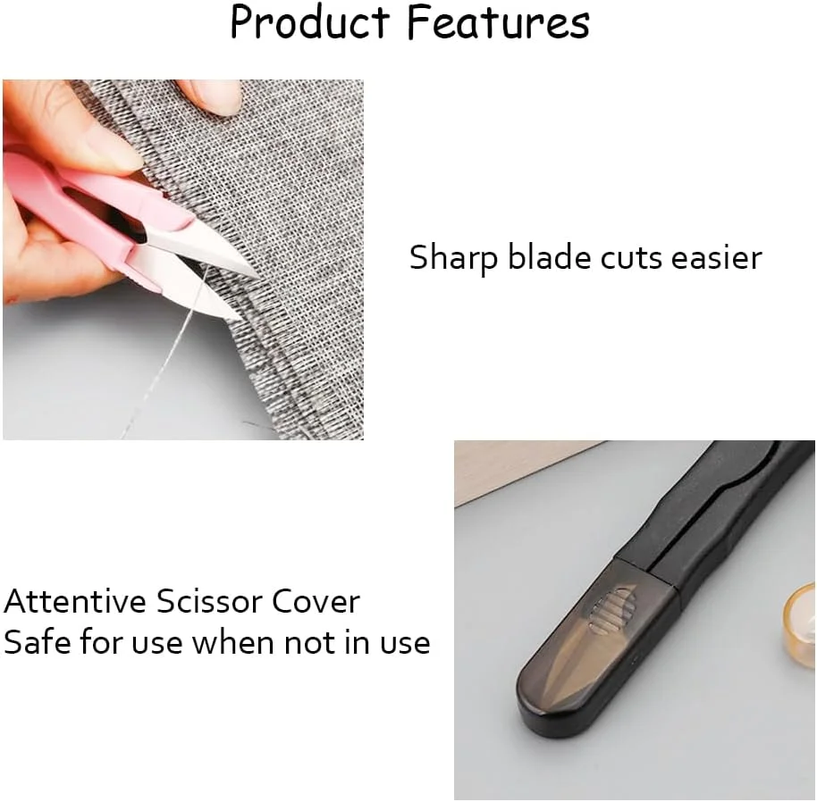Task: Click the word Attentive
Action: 75,601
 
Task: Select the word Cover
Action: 316,601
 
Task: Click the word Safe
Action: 37,642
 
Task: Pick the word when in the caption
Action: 233,642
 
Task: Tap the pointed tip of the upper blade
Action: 258,276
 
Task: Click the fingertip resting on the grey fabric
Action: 214,96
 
